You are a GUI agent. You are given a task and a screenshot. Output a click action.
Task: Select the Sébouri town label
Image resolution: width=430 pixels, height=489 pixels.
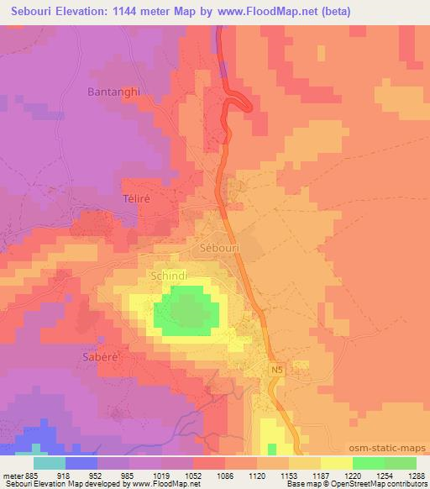[223, 249]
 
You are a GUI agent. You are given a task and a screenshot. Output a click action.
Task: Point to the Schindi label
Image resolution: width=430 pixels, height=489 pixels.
[166, 275]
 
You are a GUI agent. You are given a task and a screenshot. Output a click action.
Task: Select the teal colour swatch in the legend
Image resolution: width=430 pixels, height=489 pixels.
[50, 462]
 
